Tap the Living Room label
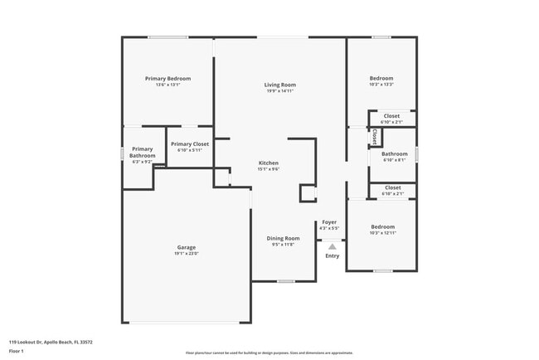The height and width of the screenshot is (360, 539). [x=279, y=85]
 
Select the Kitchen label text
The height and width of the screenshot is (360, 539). [x=268, y=163]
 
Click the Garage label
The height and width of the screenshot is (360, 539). [x=186, y=247]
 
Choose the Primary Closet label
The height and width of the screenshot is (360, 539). [x=190, y=144]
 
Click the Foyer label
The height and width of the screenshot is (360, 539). [x=330, y=221]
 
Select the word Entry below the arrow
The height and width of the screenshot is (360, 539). [x=332, y=255]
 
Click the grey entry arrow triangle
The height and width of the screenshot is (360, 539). [x=332, y=246]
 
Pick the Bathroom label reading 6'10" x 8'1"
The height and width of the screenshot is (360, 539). [x=394, y=153]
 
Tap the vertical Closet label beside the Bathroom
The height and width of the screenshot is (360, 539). [x=375, y=136]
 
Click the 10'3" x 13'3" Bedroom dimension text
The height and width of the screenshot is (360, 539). [x=381, y=85]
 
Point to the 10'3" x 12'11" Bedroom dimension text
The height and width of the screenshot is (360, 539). [x=382, y=233]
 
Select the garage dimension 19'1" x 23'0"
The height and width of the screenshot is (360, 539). [x=186, y=253]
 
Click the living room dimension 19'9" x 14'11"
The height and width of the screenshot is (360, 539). [x=279, y=91]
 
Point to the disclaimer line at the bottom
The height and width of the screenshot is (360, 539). [x=269, y=353]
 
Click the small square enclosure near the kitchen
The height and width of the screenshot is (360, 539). [x=308, y=193]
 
